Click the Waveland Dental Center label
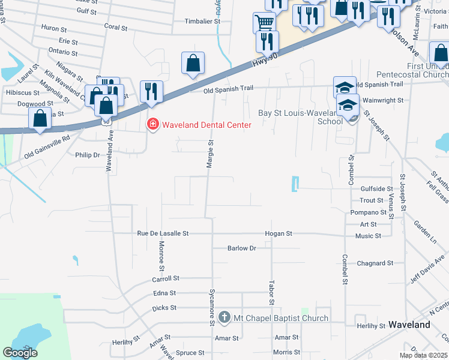[x=206, y=124]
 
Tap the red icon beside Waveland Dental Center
[x=153, y=124]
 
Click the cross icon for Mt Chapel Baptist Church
[x=224, y=317]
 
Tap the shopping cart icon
[x=264, y=23]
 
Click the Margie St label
[x=211, y=155]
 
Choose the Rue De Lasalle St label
[x=163, y=233]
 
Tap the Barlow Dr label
[x=242, y=248]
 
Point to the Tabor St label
[x=271, y=290]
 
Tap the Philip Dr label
[x=87, y=155]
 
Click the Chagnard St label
[x=375, y=263]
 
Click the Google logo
[x=20, y=353]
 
